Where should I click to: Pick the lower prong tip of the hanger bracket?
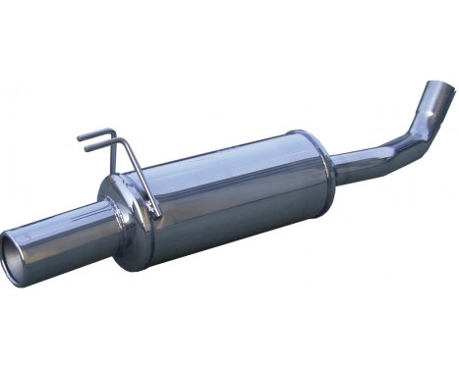[87, 149]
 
